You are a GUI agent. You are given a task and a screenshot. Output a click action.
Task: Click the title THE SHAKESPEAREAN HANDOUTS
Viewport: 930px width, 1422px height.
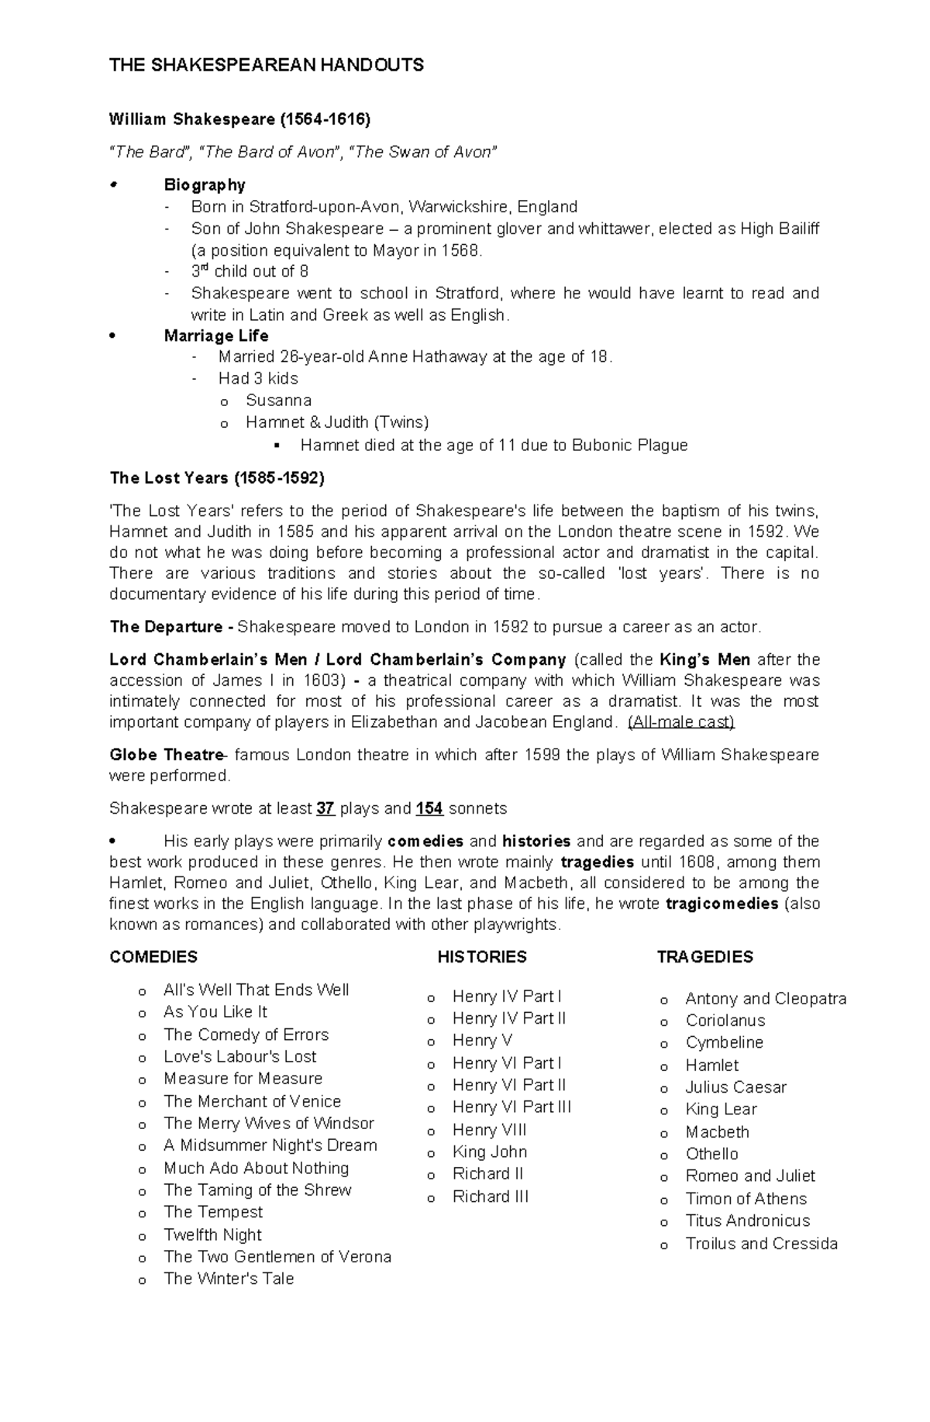(266, 65)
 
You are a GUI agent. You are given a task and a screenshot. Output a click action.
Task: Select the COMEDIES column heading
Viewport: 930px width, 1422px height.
(153, 957)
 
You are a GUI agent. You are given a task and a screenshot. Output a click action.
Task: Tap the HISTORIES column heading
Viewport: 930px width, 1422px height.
(481, 957)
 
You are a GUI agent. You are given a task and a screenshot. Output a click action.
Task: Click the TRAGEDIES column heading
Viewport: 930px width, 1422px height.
(704, 957)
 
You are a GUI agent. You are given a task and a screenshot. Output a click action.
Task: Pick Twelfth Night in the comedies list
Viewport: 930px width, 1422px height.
(212, 1234)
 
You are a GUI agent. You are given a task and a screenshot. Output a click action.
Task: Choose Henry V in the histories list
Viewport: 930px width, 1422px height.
(482, 1040)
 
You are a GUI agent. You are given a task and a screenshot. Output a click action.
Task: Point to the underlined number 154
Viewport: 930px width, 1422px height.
(429, 808)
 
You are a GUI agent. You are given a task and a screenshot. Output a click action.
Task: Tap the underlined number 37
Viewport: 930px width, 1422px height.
(325, 808)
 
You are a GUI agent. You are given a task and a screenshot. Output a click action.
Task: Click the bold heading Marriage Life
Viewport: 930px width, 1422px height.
(216, 336)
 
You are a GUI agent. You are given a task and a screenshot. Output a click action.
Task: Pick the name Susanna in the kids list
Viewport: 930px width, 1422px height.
(278, 401)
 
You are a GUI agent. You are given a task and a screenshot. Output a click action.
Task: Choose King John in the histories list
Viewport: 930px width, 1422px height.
(489, 1152)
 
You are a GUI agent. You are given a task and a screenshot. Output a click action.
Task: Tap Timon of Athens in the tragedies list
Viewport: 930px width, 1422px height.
(746, 1199)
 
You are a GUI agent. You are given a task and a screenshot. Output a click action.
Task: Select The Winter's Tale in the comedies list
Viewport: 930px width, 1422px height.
(229, 1279)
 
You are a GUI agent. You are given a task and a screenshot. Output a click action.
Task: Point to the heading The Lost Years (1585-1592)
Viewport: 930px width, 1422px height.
(217, 478)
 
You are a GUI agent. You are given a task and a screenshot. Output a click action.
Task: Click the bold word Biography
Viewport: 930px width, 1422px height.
(205, 184)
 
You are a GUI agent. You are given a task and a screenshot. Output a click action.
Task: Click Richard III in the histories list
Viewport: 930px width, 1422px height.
(490, 1196)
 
